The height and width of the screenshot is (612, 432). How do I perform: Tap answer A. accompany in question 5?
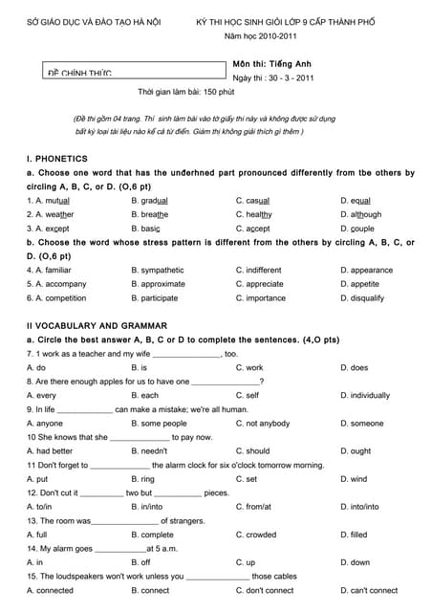pos(58,284)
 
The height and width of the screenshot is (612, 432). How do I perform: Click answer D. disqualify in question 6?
pos(362,298)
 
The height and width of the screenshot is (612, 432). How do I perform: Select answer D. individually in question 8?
pos(365,395)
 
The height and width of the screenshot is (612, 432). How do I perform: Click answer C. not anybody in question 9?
pos(263,424)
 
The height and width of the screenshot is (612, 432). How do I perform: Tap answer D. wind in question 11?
pos(354,479)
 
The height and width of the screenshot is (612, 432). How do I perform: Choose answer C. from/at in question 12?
pos(254,507)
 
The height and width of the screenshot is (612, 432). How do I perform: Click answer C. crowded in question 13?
pos(256,535)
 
